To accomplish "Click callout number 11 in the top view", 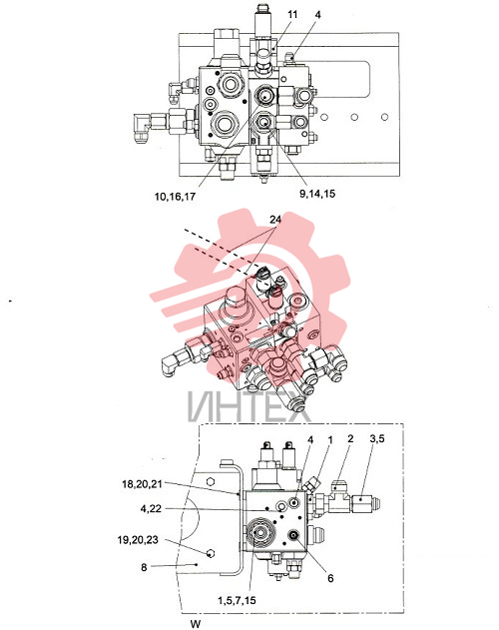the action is pos(292,14).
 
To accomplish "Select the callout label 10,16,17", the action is pos(175,197).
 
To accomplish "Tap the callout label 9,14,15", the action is pos(317,194).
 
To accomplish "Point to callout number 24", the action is pos(275,220).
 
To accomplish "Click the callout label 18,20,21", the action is pos(143,484).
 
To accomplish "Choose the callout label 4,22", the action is pos(151,509).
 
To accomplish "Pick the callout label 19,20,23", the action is pos(138,540).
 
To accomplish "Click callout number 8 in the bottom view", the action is pos(144,567).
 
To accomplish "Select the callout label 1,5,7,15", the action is pos(237,601).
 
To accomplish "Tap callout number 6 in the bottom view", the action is pos(330,578).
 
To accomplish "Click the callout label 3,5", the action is pos(377,438).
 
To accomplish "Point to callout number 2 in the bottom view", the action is pos(350,438).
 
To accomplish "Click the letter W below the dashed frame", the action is pos(196,624).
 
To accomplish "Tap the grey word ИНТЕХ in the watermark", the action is pos(249,406).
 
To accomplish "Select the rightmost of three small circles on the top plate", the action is pos(384,117).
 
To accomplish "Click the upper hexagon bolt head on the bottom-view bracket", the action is pos(210,481).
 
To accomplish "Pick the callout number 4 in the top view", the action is pos(317,15).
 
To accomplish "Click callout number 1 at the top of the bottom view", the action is pos(330,439).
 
